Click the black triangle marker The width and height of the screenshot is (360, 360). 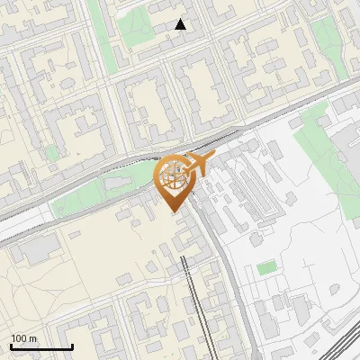coord(181,24)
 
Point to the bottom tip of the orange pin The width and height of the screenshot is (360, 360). coord(174,214)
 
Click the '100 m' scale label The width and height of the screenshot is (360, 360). coord(24,338)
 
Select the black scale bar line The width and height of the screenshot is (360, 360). coord(41,347)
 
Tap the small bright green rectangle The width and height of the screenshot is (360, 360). coord(265,267)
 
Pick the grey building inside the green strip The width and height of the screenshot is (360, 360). coord(117,184)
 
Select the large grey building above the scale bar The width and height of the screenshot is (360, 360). coord(36,250)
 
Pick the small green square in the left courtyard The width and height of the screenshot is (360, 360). coord(52,153)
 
